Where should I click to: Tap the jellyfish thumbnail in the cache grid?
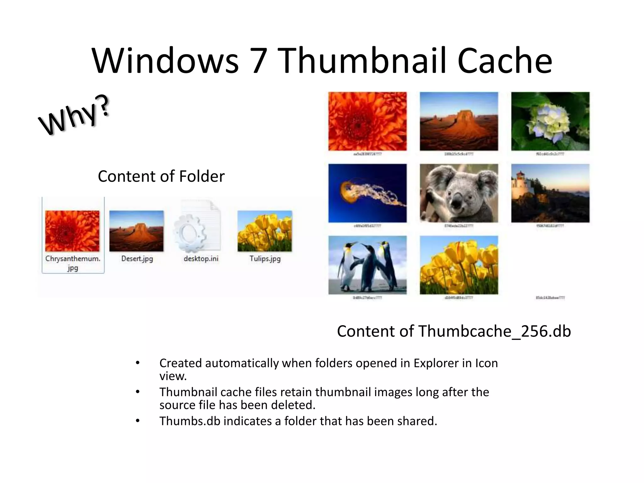(367, 193)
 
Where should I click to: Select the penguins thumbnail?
(367, 265)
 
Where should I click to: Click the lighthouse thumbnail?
(550, 193)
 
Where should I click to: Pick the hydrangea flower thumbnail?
(550, 121)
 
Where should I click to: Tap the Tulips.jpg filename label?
(265, 259)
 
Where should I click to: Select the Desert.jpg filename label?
(137, 259)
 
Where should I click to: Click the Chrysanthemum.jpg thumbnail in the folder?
(72, 231)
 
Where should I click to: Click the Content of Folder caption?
(161, 176)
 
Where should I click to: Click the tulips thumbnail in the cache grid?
(459, 265)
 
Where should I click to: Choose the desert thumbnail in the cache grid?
(459, 121)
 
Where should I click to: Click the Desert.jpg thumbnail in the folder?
(136, 231)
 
